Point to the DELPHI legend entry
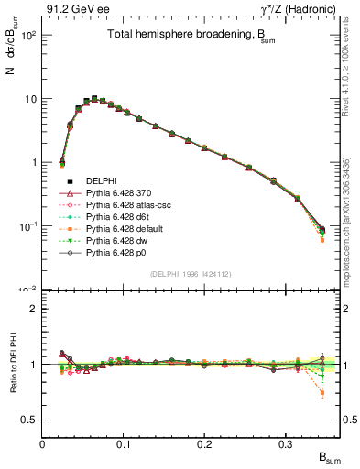tap(92, 182)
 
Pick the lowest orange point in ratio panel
tap(322, 393)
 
